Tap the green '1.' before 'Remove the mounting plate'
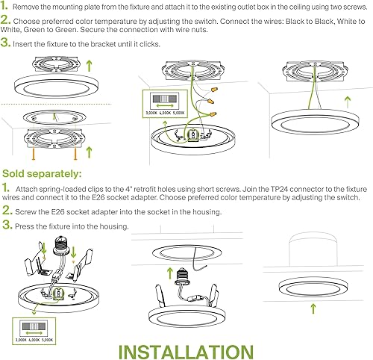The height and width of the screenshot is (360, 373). point(6,5)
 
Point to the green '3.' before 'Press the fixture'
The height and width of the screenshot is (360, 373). point(6,226)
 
